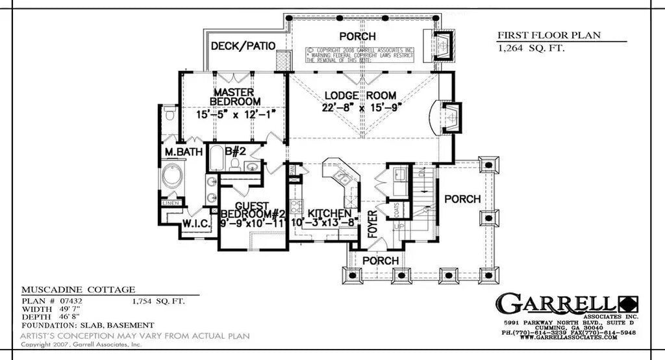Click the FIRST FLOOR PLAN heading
549,35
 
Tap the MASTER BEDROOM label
235,97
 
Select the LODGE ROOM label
360,96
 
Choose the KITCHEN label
329,213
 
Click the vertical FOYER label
373,224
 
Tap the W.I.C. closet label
194,224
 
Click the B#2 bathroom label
234,151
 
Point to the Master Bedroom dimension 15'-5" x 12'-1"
236,114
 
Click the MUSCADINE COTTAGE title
78,289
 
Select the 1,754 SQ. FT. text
159,302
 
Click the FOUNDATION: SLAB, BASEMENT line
88,325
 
